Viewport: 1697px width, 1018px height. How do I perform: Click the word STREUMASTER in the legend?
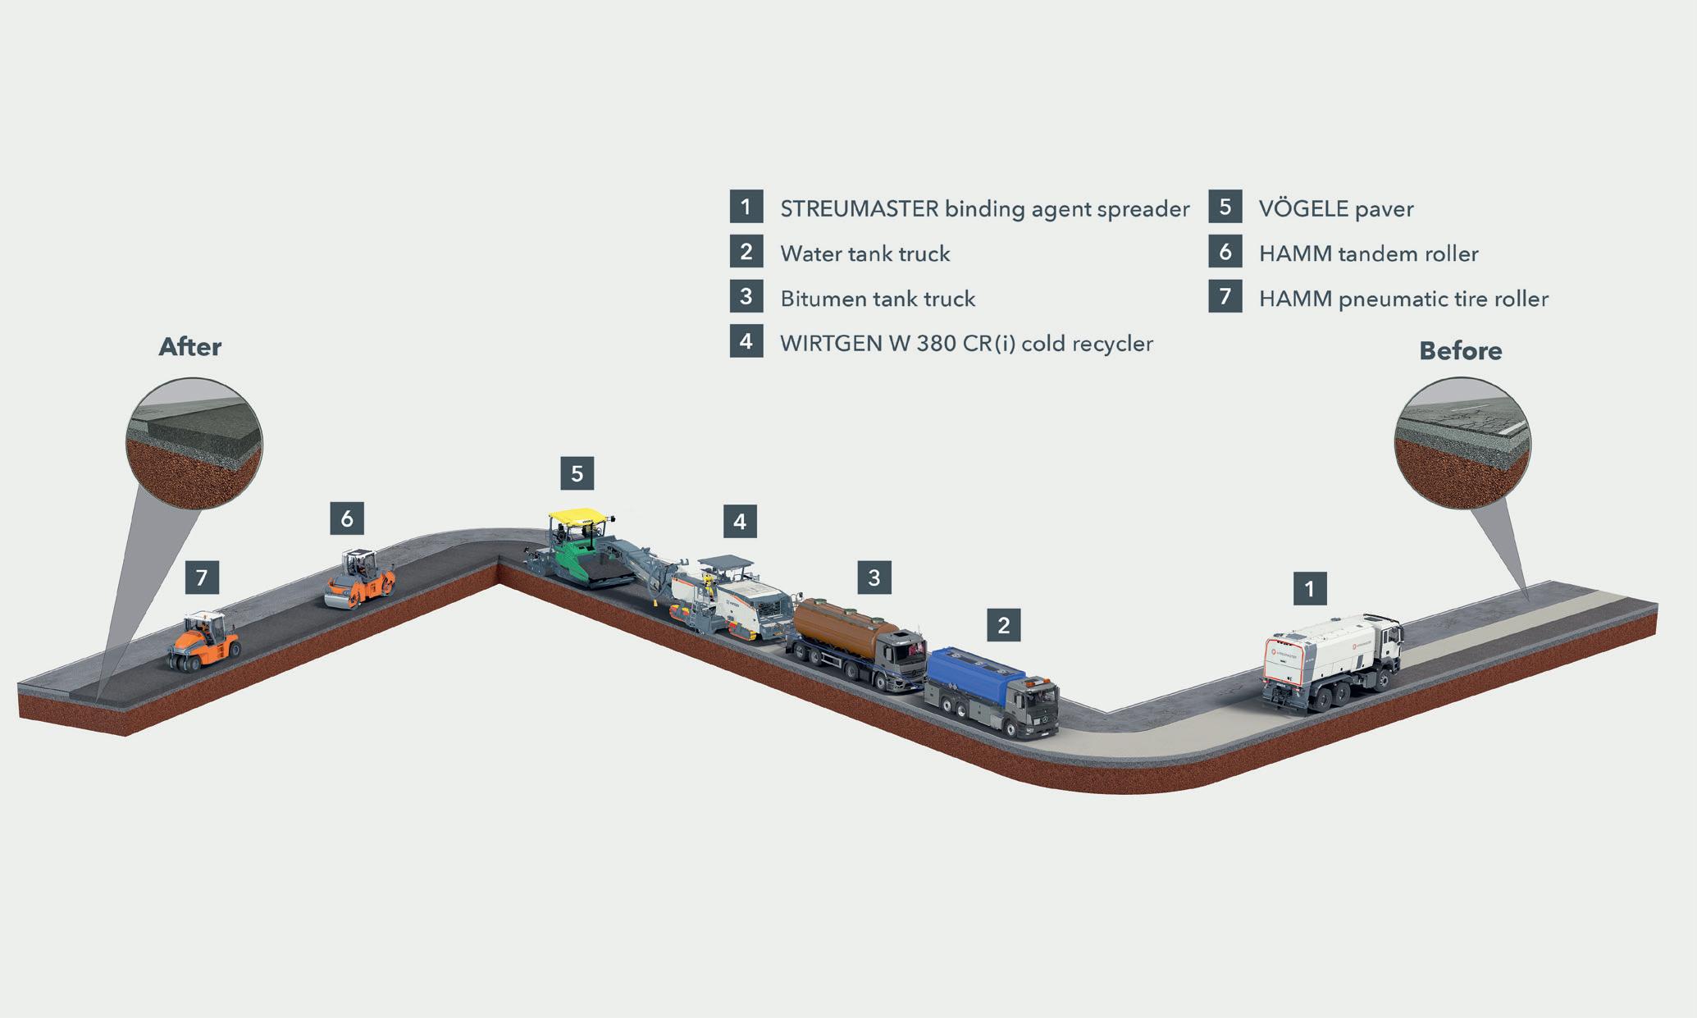coord(859,209)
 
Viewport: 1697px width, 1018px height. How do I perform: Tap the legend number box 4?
coord(746,340)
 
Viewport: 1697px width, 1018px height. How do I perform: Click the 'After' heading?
coord(189,347)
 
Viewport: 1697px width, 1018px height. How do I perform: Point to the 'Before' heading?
coord(1460,351)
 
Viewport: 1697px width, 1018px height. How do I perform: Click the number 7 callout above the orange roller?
coord(202,577)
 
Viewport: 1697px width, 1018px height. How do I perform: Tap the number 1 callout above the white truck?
coord(1309,588)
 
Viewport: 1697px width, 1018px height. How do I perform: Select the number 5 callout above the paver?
coord(577,473)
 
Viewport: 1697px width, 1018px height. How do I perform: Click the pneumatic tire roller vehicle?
coord(205,641)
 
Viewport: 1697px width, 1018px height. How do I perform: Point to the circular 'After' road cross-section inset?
coord(194,443)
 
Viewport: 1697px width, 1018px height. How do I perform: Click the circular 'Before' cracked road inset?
coord(1462,443)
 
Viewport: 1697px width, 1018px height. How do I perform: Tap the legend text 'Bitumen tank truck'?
coord(878,299)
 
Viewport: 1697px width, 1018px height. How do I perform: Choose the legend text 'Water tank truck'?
coord(864,253)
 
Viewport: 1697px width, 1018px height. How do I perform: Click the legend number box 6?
coord(1225,251)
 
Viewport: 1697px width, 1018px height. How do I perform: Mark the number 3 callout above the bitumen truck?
coord(874,578)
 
